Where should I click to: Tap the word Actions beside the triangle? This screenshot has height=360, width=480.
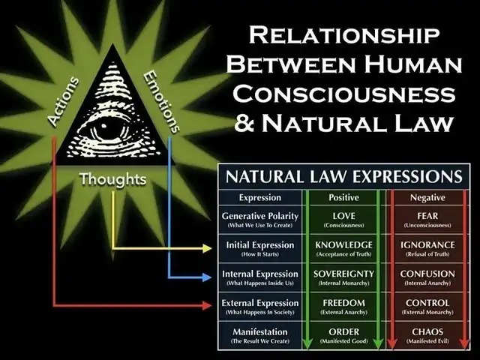coord(64,100)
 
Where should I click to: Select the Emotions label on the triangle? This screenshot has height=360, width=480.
coord(160,101)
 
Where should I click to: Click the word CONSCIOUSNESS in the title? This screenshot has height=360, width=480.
coord(351,93)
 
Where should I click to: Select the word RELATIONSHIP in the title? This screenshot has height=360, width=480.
coord(350,34)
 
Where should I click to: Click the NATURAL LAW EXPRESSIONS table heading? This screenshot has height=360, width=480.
coord(344,178)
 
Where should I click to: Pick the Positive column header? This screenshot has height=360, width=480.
coord(343,198)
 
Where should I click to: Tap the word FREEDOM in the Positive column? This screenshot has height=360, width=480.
coord(343,303)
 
